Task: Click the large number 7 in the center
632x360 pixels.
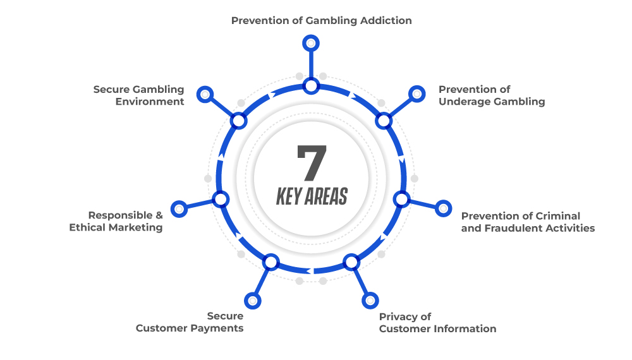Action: (312, 162)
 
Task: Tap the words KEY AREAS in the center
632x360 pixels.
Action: (312, 196)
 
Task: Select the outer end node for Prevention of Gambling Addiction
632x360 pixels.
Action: (311, 43)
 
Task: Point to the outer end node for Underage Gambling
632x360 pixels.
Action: (416, 94)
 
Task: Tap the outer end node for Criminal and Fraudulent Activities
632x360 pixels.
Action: (443, 208)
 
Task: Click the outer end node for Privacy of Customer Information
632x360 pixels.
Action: (370, 301)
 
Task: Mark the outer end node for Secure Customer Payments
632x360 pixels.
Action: (253, 301)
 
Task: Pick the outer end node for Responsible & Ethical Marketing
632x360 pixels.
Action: (179, 209)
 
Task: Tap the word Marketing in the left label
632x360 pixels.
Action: (136, 227)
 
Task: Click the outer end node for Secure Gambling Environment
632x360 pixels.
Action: (205, 94)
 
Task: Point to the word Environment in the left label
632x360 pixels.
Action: (150, 102)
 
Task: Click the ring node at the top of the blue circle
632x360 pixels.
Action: (311, 86)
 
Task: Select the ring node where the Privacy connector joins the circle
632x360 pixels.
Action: (351, 262)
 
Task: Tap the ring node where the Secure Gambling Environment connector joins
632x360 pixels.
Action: (239, 121)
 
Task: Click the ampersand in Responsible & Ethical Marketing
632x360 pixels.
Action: (159, 215)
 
